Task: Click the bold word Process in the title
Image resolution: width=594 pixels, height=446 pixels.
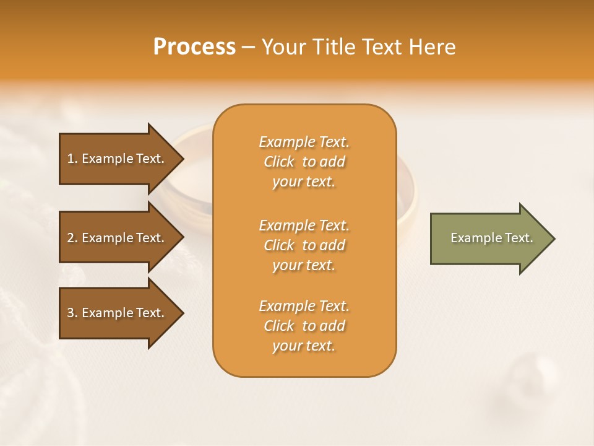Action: tap(194, 47)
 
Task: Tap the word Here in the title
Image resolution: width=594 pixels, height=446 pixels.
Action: tap(431, 47)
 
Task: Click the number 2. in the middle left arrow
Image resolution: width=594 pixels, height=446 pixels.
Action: tap(72, 238)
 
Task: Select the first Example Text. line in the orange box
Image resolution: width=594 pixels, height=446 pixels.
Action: tap(304, 142)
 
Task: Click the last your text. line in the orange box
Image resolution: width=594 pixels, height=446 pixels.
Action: tap(304, 346)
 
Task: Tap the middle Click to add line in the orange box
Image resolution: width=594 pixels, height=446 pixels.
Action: tap(304, 245)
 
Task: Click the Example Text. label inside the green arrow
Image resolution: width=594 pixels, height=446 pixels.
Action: tap(491, 238)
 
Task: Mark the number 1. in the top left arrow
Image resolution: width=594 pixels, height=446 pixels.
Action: tap(72, 159)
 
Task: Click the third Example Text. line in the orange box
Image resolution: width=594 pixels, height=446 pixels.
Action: tap(304, 306)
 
